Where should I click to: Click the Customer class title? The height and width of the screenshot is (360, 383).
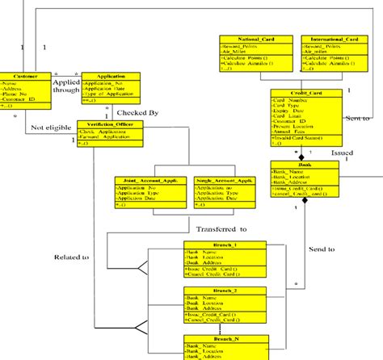19,76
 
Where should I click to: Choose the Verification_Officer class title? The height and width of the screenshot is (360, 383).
108,124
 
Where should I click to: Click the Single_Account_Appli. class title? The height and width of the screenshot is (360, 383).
220,182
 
